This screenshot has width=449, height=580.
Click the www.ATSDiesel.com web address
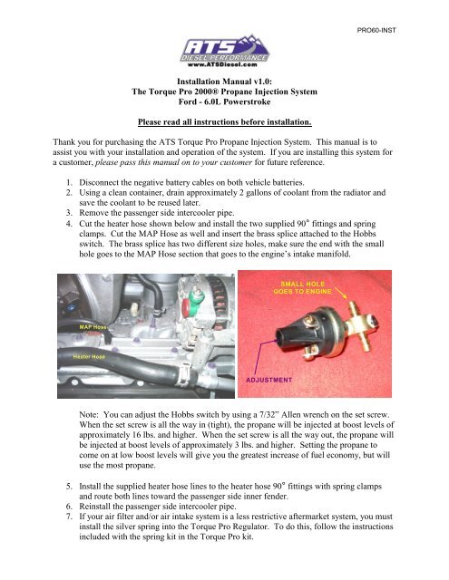(x=225, y=64)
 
